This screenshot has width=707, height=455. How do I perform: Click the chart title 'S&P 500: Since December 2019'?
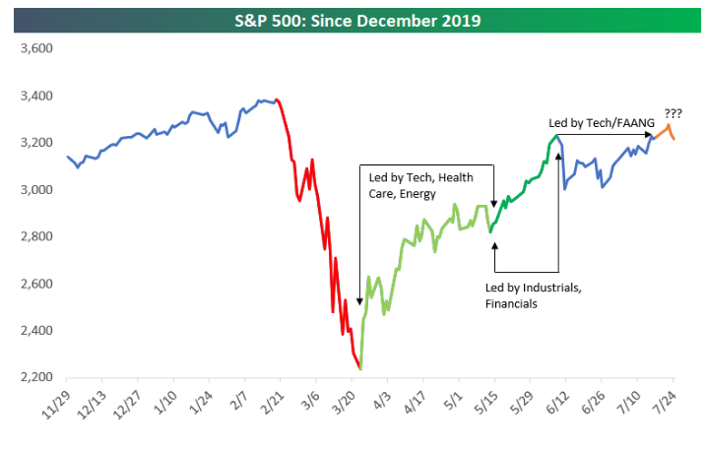(353, 20)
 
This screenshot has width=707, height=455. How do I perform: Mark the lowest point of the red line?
(360, 368)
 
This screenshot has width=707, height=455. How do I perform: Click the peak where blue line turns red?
(277, 98)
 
